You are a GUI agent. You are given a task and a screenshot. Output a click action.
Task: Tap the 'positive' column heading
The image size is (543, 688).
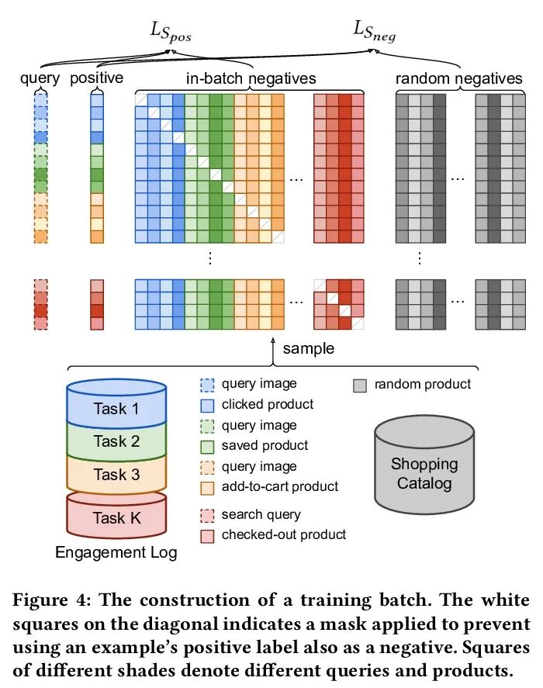[x=97, y=78]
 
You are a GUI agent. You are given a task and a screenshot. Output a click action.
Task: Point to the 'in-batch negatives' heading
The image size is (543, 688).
[x=251, y=78]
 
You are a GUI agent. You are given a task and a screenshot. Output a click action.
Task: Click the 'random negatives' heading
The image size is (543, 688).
[x=459, y=78]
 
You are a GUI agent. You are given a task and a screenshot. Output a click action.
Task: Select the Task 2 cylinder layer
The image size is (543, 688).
[x=116, y=441]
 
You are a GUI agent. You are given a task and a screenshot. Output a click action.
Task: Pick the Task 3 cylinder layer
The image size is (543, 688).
[x=116, y=474]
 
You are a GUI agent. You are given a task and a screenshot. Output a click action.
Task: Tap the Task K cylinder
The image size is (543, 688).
[x=116, y=518]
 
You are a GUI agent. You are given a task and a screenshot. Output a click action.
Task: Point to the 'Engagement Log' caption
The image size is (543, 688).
[x=116, y=553]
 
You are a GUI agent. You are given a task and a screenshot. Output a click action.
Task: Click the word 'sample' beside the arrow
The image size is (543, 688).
[x=309, y=348]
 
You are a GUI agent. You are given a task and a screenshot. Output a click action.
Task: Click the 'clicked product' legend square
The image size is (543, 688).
[x=207, y=405]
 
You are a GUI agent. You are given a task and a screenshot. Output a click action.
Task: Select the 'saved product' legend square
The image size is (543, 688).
[x=207, y=447]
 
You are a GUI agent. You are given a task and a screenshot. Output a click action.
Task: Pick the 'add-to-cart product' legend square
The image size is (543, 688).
[x=207, y=488]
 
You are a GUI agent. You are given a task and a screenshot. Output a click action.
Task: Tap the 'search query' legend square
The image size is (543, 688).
[x=207, y=515]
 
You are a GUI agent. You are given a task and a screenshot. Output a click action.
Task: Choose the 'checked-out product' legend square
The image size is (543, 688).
[x=207, y=535]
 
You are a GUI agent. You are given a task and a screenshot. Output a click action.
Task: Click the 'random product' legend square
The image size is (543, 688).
[x=359, y=385]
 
